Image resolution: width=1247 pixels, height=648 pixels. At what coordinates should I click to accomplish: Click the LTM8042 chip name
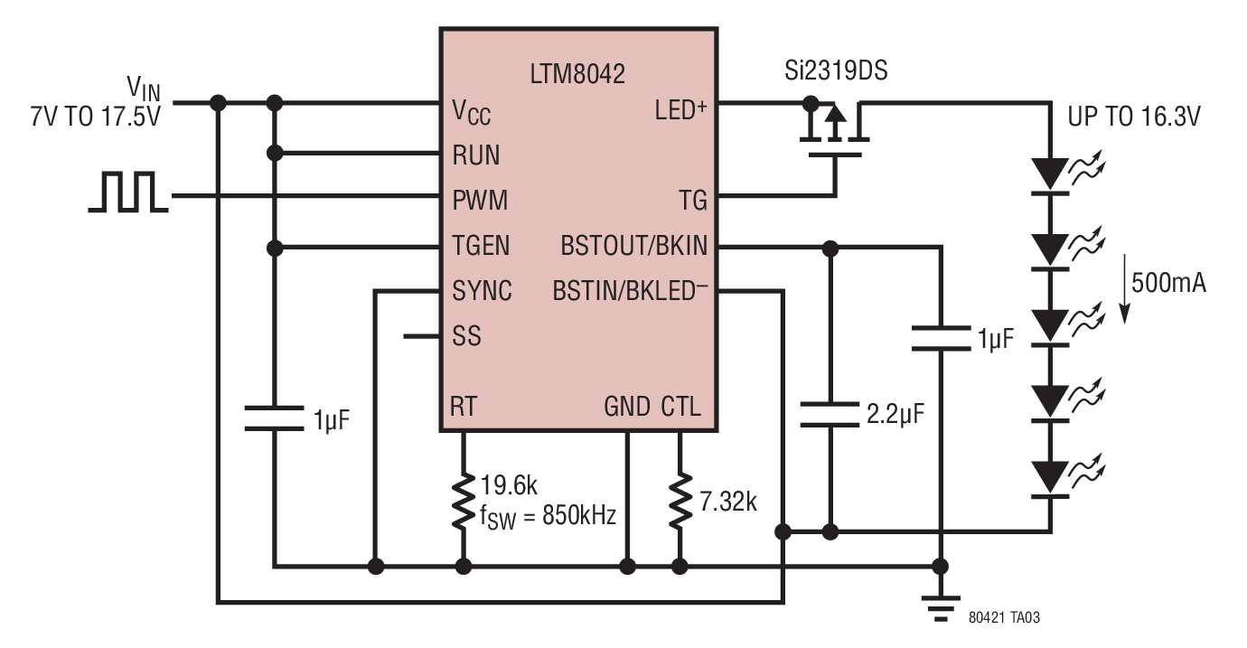click(577, 74)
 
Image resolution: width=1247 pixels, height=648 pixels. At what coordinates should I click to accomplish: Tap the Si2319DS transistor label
click(836, 70)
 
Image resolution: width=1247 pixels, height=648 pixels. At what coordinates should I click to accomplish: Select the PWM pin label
click(480, 201)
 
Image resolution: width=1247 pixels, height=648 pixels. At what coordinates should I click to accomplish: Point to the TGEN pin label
click(481, 246)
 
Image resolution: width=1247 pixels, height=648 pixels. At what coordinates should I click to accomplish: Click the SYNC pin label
click(483, 291)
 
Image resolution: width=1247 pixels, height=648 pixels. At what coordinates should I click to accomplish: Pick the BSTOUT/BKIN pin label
click(634, 246)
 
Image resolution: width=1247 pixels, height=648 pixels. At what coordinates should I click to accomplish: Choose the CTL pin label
click(680, 407)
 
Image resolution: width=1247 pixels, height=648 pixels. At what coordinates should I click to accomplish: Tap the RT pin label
click(464, 407)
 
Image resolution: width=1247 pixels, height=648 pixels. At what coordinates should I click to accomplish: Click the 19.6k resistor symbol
click(464, 501)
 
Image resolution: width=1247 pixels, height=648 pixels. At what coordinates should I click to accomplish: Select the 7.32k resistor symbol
click(680, 501)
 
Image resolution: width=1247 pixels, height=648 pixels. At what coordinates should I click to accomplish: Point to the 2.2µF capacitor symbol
click(830, 414)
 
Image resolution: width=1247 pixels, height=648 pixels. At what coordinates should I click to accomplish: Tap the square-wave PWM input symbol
click(128, 193)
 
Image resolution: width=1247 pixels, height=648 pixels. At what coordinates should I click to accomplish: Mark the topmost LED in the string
click(1051, 176)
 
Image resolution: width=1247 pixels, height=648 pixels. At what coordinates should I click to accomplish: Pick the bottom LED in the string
click(1051, 479)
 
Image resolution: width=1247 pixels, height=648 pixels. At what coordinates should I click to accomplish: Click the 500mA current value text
click(1168, 283)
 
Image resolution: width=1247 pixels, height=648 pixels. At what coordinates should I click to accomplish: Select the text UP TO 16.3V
click(1134, 117)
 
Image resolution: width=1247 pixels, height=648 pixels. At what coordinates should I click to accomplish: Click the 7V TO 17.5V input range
click(95, 117)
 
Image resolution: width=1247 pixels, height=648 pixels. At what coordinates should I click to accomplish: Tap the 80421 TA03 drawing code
click(1004, 617)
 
